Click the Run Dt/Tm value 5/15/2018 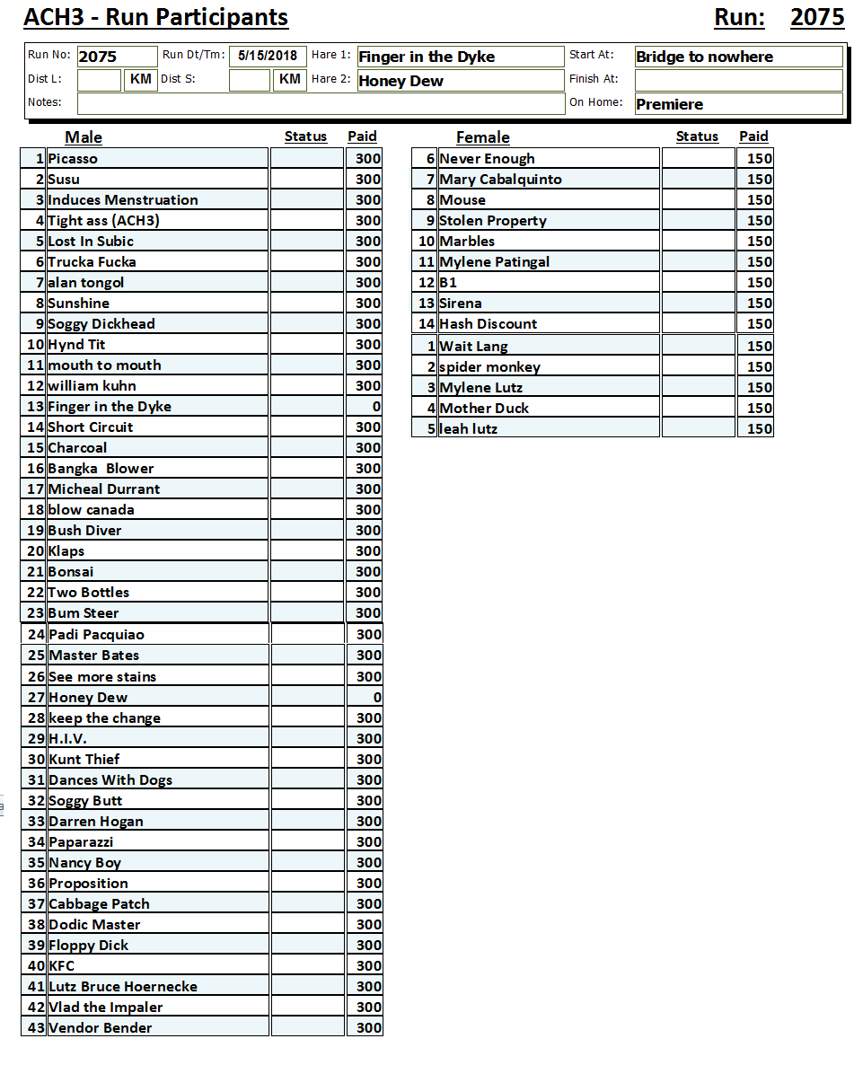pos(268,56)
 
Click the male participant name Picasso pos(73,158)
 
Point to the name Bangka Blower pos(101,468)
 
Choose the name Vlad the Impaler pos(106,1007)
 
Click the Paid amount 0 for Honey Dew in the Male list pos(377,697)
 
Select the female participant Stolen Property pos(493,220)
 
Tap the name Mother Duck pos(484,408)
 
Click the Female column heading pos(482,137)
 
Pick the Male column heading pos(84,137)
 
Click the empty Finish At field pos(738,80)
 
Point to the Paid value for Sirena pos(759,303)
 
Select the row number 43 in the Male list pos(36,1027)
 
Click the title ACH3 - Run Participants pos(156,17)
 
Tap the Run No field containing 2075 pos(116,57)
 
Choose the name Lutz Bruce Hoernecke pos(123,986)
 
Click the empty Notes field pos(321,103)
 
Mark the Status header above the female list pos(697,136)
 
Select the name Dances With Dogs pos(110,779)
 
